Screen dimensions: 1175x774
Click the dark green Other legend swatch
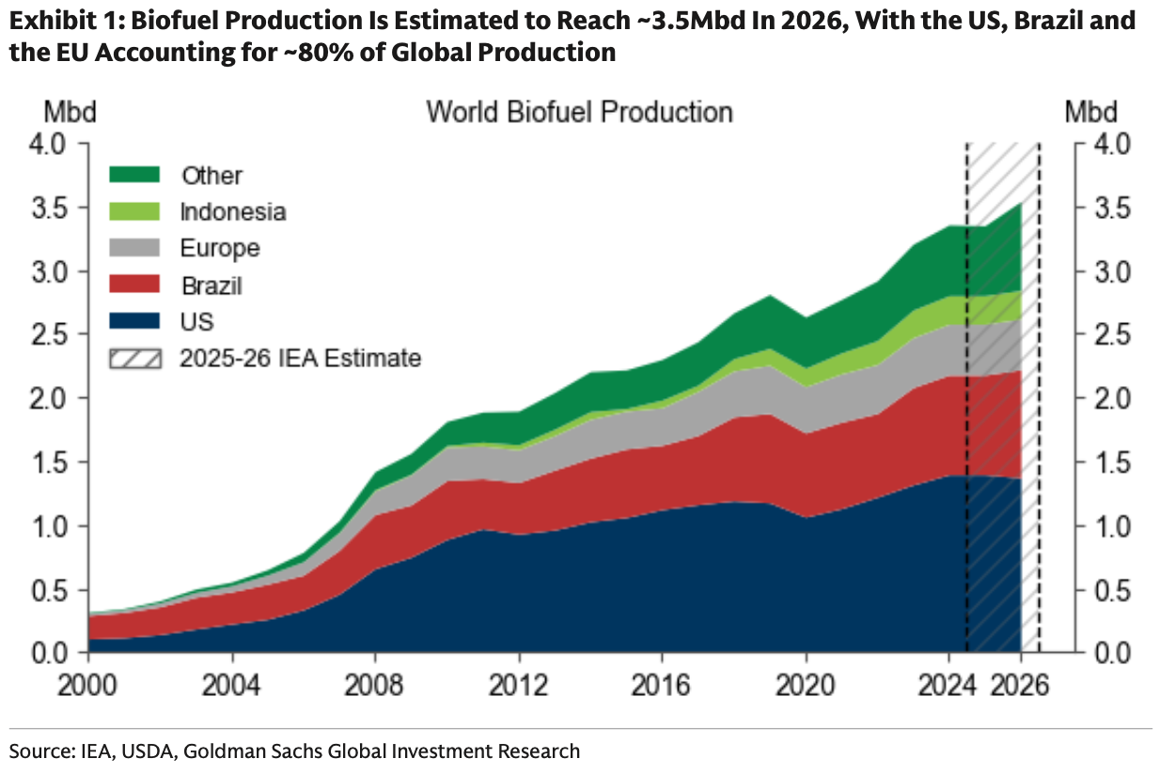[134, 175]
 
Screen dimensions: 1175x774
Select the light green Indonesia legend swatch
[134, 211]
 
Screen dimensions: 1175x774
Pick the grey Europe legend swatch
[134, 248]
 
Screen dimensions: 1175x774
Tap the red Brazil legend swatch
[134, 285]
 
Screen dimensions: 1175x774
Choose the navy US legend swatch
[134, 321]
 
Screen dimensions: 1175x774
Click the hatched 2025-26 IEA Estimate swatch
[134, 359]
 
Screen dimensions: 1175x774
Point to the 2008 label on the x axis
[374, 685]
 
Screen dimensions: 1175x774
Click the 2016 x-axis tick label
[661, 685]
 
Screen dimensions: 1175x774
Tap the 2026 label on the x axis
[1020, 685]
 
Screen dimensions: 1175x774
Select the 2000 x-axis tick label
[87, 685]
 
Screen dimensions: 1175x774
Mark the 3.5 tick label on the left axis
[49, 209]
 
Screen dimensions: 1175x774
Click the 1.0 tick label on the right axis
[1113, 527]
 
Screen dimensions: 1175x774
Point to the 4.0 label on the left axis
[49, 145]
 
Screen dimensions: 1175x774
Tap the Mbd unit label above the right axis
[1091, 112]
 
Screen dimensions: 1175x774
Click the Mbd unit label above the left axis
[70, 112]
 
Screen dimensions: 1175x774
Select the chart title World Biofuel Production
[580, 112]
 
